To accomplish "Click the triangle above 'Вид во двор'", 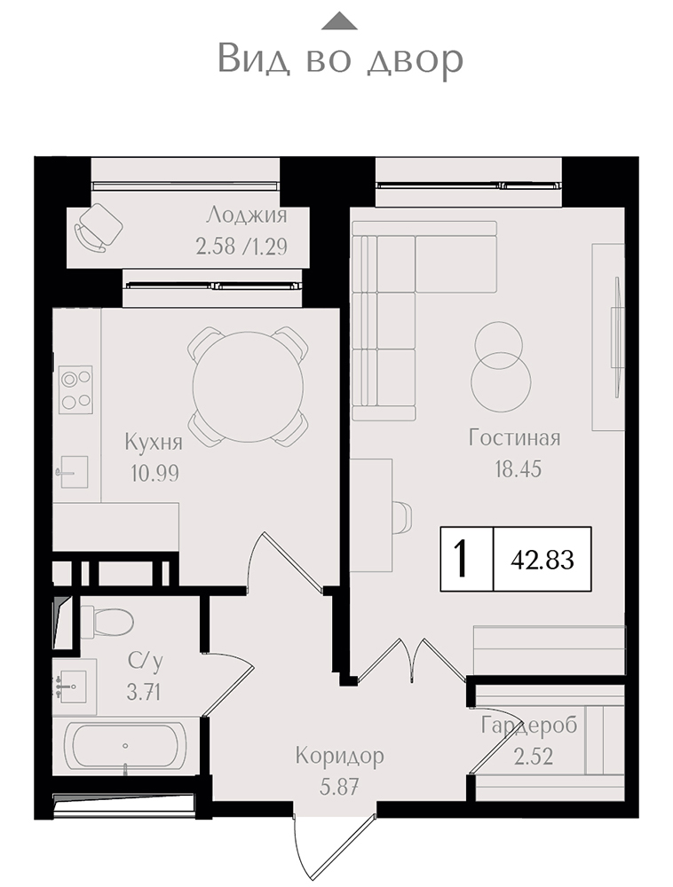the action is click(339, 21).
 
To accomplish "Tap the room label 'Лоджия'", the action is click(247, 215).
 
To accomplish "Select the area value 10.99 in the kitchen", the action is click(154, 473).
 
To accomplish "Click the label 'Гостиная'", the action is click(514, 438).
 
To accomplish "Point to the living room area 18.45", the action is click(518, 469).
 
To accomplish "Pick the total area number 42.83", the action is click(542, 560).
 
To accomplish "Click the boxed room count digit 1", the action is click(462, 558).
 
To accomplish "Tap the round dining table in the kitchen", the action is click(248, 387).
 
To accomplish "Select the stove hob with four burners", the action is click(75, 389).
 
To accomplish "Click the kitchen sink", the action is click(73, 472).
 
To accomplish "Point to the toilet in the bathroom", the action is click(106, 623).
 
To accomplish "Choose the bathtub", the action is click(125, 746).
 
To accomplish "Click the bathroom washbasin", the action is click(72, 687).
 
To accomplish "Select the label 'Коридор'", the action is click(340, 756).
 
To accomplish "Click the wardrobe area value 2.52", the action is click(534, 757).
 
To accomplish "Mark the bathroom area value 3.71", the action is click(144, 692).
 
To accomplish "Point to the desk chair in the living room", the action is click(402, 516).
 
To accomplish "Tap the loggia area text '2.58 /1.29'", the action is click(241, 247).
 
